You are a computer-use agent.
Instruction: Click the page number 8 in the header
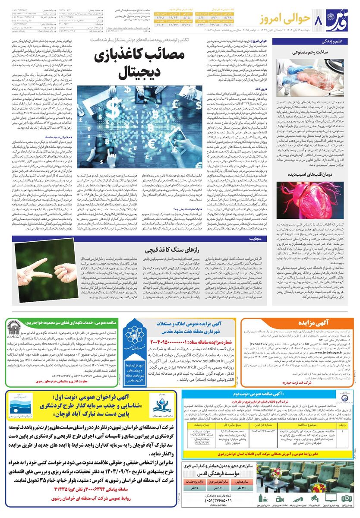(319, 20)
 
